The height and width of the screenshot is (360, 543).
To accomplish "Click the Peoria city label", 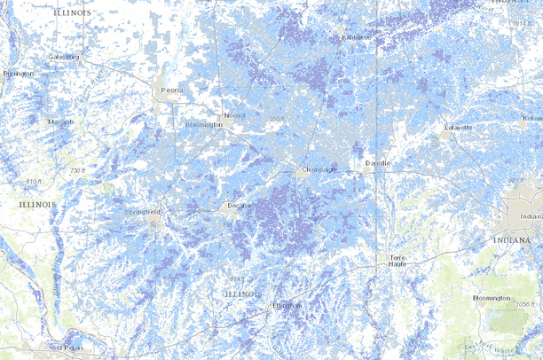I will tap(169, 90).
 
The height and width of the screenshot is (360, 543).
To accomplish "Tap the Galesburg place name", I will tap(64, 57).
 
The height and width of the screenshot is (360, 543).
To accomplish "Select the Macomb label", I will tap(61, 121).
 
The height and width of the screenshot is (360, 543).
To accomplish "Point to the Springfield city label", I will tap(144, 214).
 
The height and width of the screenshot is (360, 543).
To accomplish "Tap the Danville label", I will tap(378, 164).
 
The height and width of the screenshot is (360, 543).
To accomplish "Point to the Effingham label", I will tap(287, 306).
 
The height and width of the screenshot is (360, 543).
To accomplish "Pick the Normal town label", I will tap(233, 116).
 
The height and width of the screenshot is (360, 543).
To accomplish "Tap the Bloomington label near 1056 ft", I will tap(492, 298).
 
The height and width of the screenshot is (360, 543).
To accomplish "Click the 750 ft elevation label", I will tap(77, 169).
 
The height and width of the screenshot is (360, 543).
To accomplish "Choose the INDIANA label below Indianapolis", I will tap(518, 240).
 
